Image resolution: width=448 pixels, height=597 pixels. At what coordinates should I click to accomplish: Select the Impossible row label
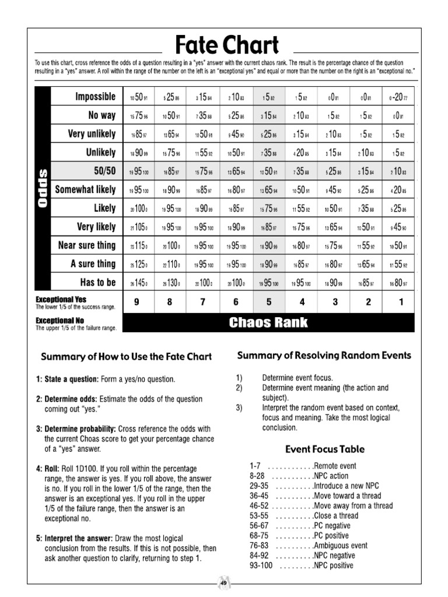tap(96, 97)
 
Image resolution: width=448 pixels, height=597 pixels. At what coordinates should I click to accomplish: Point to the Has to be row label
tap(98, 283)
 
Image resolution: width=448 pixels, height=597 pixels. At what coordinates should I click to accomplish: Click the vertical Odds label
tap(43, 189)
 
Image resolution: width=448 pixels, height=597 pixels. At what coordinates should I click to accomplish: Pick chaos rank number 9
tap(136, 302)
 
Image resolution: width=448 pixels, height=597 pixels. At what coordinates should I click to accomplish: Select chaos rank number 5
tap(269, 302)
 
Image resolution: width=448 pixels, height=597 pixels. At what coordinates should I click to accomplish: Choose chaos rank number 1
tap(400, 302)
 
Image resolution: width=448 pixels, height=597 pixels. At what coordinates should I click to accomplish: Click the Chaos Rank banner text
tap(269, 322)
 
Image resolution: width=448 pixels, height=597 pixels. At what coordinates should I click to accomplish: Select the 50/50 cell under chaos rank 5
tap(269, 171)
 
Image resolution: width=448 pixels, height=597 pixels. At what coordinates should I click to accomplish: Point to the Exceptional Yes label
tap(61, 299)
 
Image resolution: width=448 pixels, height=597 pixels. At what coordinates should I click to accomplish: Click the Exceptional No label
tap(60, 320)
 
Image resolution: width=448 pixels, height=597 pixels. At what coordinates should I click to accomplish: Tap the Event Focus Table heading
tap(325, 449)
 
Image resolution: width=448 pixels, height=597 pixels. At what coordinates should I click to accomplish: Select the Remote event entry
tap(334, 466)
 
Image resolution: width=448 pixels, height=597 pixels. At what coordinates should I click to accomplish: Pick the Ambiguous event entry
tap(340, 546)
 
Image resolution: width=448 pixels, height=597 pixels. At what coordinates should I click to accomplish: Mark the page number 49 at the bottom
tap(223, 582)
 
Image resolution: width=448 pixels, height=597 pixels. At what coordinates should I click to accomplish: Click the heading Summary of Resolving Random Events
tap(324, 355)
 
